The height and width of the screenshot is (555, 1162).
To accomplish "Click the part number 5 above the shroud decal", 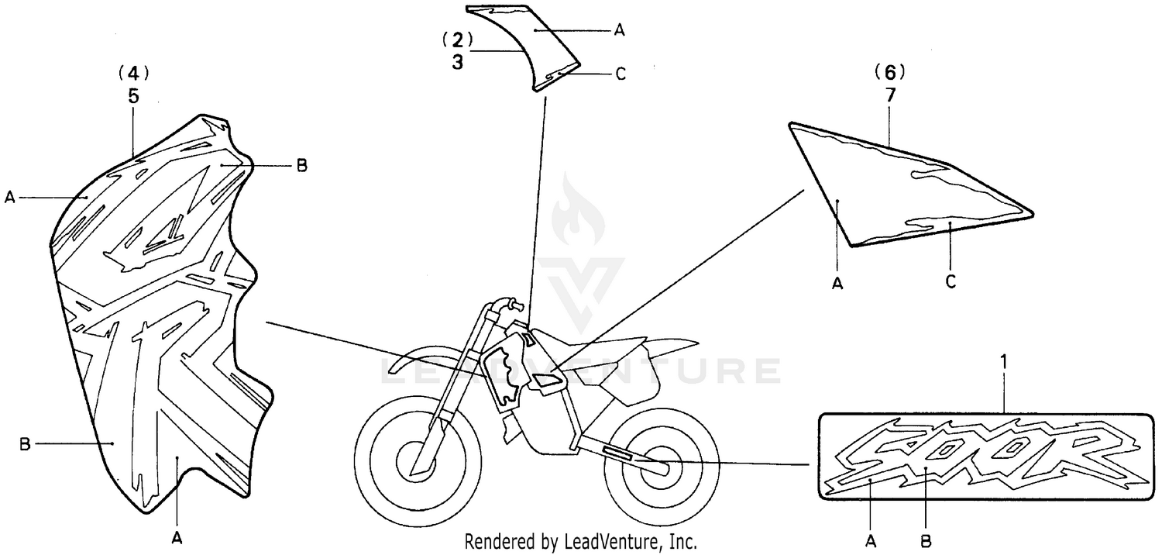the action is coord(134,97).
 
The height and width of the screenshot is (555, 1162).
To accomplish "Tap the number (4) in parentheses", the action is coord(134,74).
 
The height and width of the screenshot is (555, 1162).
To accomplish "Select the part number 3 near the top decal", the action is coord(457,62).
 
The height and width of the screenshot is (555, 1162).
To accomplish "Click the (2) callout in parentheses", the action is coord(458,39).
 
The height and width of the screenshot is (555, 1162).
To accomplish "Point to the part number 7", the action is coord(891,95).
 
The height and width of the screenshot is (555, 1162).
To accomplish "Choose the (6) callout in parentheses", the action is coord(890,73).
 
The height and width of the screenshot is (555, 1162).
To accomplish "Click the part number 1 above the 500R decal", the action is coord(1004,362).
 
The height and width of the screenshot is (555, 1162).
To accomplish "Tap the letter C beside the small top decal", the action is coord(621,74).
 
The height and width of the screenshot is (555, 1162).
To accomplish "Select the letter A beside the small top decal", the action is coord(620,31).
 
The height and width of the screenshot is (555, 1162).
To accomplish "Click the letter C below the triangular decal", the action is coord(951,282).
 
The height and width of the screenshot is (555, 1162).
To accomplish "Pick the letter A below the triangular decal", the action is coord(837,284).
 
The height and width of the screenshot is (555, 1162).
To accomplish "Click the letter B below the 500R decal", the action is coord(926,542).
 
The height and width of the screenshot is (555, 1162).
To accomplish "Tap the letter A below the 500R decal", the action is coord(871,542).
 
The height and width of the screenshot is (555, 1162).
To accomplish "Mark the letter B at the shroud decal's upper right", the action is coord(302,166).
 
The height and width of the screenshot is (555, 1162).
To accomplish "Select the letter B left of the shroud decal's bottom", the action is coord(25,444).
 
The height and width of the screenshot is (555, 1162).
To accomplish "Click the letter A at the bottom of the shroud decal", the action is coord(177,539).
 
